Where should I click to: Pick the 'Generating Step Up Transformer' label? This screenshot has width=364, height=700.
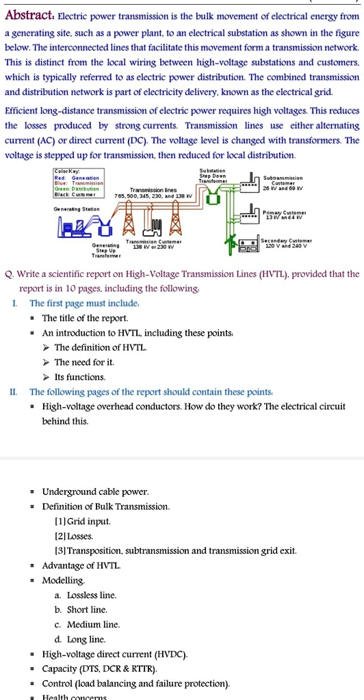coord(106,250)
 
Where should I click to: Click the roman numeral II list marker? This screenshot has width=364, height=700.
coord(13,392)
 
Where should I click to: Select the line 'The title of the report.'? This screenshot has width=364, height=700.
coord(85,318)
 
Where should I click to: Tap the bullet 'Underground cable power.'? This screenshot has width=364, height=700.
coord(95,492)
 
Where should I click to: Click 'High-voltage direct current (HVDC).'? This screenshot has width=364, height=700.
coord(114,654)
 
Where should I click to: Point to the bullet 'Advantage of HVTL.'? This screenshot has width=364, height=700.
coord(81,565)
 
